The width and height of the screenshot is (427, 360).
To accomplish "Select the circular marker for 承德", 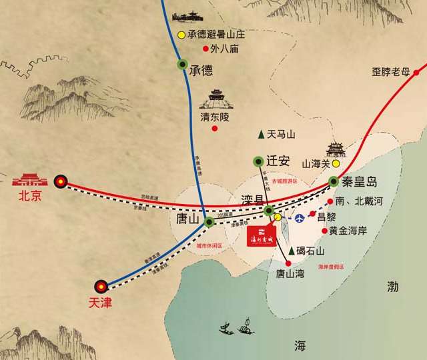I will pyautogui.click(x=182, y=65).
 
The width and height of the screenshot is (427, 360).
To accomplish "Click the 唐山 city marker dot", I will pyautogui.click(x=209, y=221).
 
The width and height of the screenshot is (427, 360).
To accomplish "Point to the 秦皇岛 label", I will pyautogui.click(x=361, y=182).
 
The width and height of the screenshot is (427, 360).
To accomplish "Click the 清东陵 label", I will pyautogui.click(x=215, y=117).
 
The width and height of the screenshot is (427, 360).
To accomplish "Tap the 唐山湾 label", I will pyautogui.click(x=289, y=273).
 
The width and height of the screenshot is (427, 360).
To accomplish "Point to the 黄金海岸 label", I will pyautogui.click(x=352, y=231).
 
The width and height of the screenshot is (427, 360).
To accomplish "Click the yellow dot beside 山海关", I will pyautogui.click(x=336, y=163).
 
